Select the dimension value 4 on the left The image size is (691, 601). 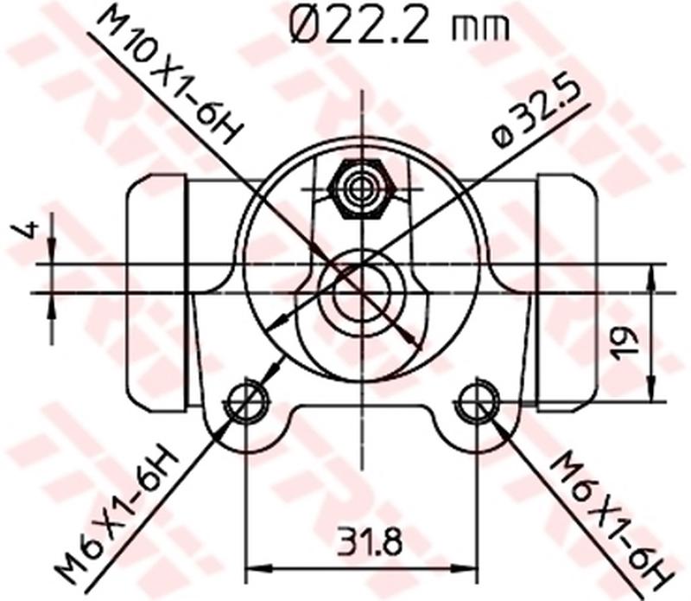click(29, 230)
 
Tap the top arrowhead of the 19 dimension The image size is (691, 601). click(650, 274)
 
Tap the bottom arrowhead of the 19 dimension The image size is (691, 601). click(650, 393)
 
